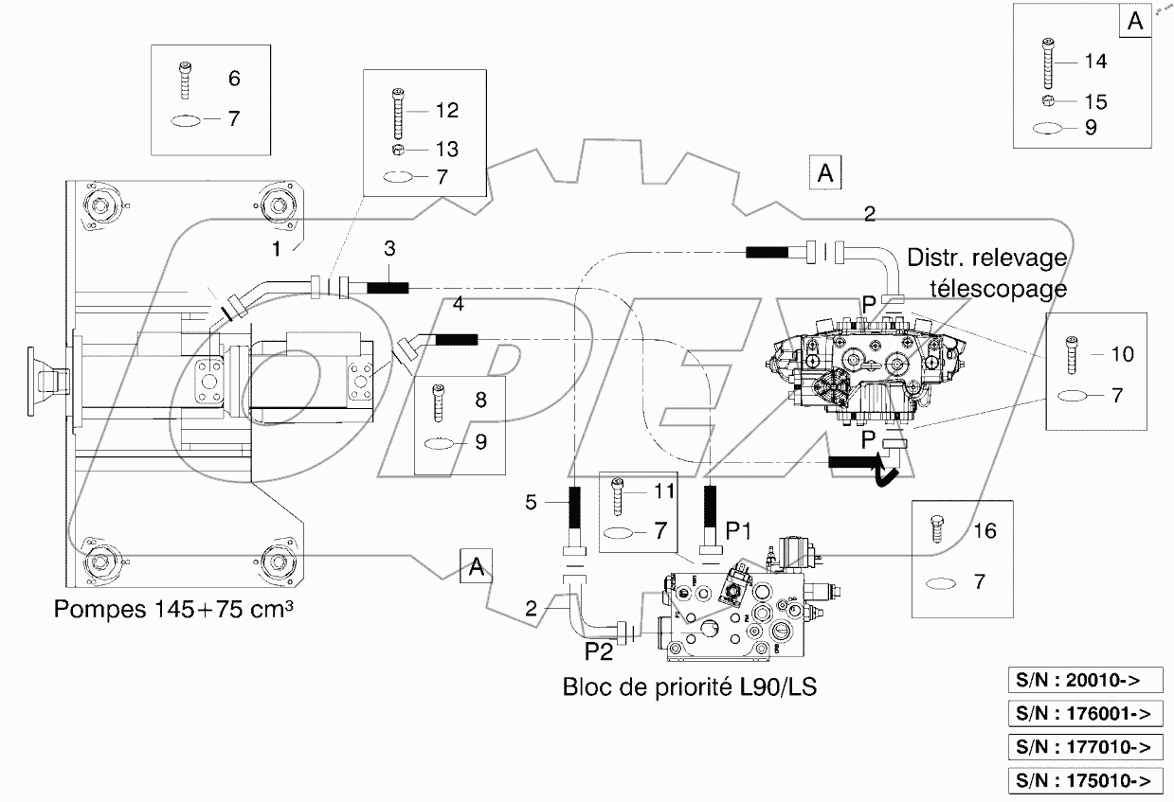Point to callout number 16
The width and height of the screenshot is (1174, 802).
pyautogui.click(x=984, y=531)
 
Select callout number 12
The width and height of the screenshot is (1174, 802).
pyautogui.click(x=447, y=110)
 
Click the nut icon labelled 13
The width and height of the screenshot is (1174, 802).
pyautogui.click(x=399, y=150)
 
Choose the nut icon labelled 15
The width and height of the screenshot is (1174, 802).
pyautogui.click(x=1047, y=101)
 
